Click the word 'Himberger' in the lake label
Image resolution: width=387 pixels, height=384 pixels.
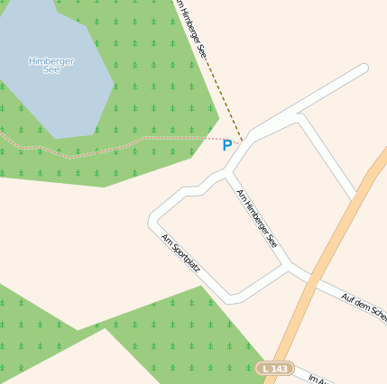51,60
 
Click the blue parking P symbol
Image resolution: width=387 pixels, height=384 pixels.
226,145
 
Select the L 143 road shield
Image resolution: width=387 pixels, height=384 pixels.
275,369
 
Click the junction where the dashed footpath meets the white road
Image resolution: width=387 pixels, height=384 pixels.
242,143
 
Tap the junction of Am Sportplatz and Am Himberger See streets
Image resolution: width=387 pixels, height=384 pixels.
288,266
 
